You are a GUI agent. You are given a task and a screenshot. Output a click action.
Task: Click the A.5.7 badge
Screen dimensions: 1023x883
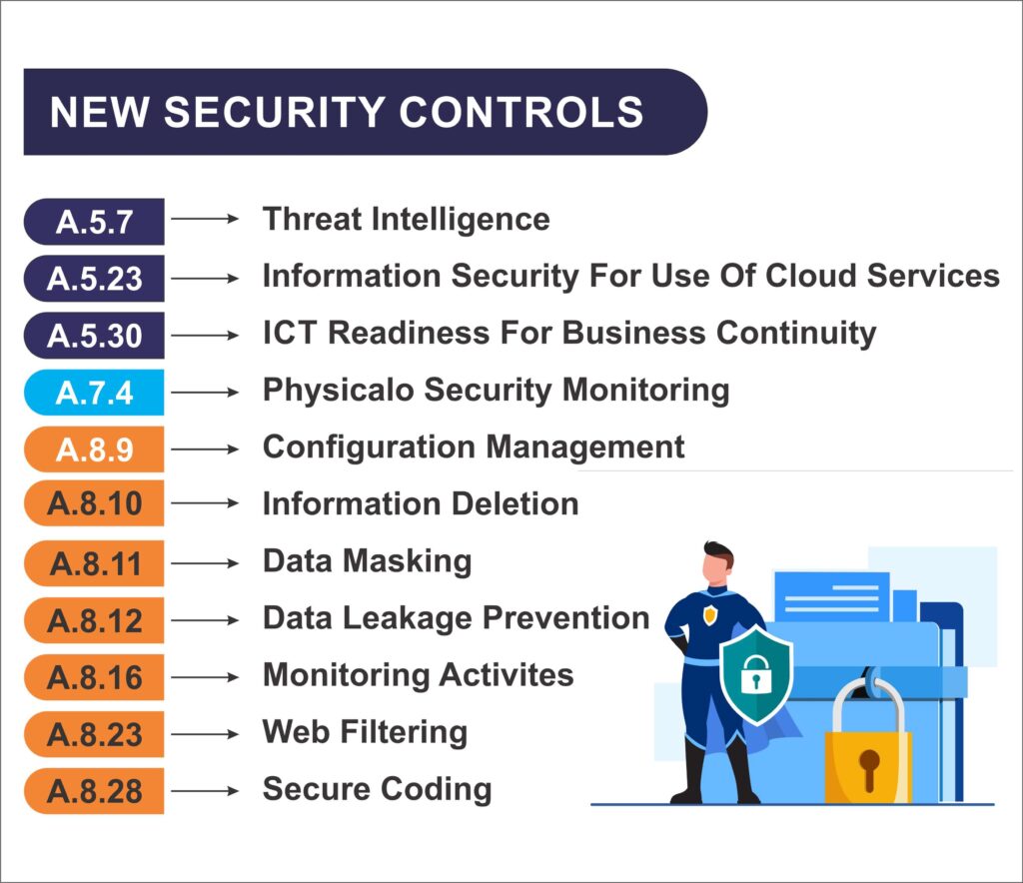(94, 222)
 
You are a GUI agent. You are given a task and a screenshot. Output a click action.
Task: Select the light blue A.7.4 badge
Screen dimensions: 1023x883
(94, 393)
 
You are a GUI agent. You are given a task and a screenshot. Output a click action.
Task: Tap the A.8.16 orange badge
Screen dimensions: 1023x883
(94, 677)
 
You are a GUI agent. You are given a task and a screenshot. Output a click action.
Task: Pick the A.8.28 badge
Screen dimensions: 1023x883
(94, 790)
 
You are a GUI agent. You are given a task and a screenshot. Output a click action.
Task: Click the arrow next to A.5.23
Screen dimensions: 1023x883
(205, 279)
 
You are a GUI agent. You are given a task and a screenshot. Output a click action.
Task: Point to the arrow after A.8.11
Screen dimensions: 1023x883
(205, 562)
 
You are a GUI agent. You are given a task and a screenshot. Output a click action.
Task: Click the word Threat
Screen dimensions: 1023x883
(311, 219)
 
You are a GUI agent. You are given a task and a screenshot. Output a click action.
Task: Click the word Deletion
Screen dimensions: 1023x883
(514, 503)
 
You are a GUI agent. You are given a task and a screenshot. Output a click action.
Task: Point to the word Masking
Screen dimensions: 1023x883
(408, 562)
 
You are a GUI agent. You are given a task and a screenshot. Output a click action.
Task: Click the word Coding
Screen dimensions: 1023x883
(436, 790)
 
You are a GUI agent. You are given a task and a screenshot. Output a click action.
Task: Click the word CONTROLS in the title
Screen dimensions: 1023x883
(521, 112)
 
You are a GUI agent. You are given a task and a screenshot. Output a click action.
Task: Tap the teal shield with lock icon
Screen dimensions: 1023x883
(756, 675)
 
